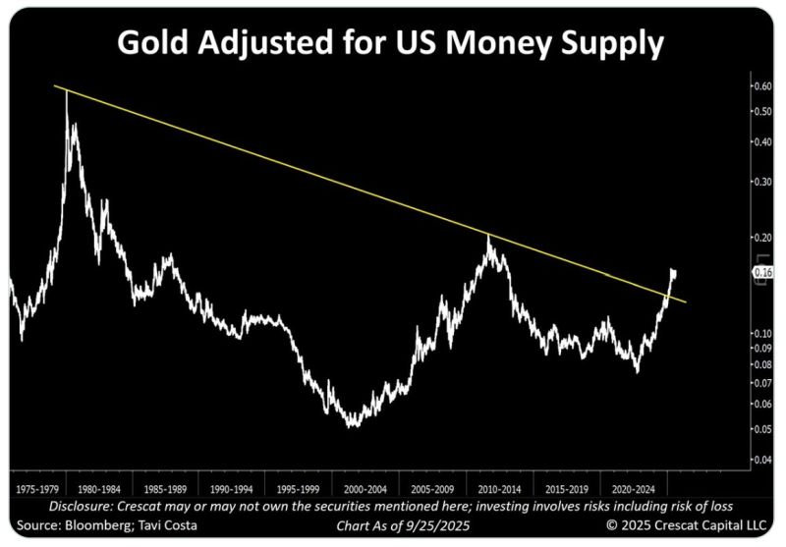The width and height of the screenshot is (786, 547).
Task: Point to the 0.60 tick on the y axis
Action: pyautogui.click(x=761, y=86)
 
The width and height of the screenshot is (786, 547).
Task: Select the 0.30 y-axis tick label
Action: pyautogui.click(x=761, y=182)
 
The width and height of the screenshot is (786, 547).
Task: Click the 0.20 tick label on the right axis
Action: pyautogui.click(x=761, y=238)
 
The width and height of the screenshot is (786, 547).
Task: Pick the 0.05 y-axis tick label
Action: pyautogui.click(x=761, y=429)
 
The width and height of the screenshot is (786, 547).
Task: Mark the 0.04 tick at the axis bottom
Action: pyautogui.click(x=761, y=460)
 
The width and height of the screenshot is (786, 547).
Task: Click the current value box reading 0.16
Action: pyautogui.click(x=763, y=271)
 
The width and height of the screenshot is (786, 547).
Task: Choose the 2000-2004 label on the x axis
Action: pyautogui.click(x=365, y=486)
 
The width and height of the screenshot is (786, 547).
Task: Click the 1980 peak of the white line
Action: pyautogui.click(x=67, y=92)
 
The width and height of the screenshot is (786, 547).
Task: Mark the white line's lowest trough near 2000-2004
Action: pyautogui.click(x=352, y=425)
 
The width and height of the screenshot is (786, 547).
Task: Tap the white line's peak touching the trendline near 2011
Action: pyautogui.click(x=488, y=236)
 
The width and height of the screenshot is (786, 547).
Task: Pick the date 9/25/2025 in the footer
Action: pyautogui.click(x=438, y=525)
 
